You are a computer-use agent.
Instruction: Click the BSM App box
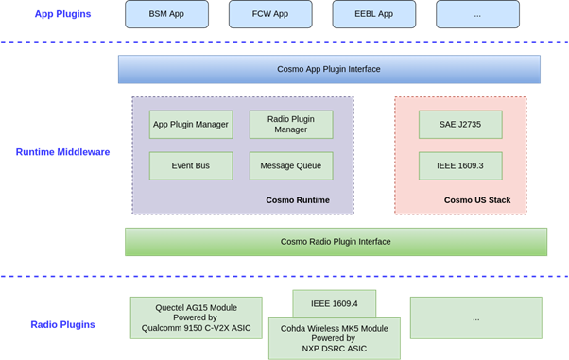tap(166, 14)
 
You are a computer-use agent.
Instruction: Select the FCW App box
tap(270, 14)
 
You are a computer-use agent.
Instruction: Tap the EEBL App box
tap(373, 14)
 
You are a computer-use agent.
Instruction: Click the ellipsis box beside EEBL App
tap(477, 14)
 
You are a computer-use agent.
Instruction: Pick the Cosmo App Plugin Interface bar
tap(329, 70)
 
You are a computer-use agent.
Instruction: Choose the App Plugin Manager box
tap(190, 125)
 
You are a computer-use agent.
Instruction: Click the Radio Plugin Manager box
tap(291, 125)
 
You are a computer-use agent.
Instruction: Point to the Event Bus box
tap(190, 165)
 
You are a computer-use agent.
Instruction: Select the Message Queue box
tap(291, 165)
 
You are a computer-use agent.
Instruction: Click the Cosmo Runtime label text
tap(298, 199)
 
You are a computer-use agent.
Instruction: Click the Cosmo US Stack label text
tap(476, 199)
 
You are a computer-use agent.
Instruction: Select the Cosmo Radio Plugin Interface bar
tap(336, 241)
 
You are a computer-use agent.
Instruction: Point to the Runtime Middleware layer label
tap(63, 150)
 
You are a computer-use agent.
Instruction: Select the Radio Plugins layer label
tap(61, 325)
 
